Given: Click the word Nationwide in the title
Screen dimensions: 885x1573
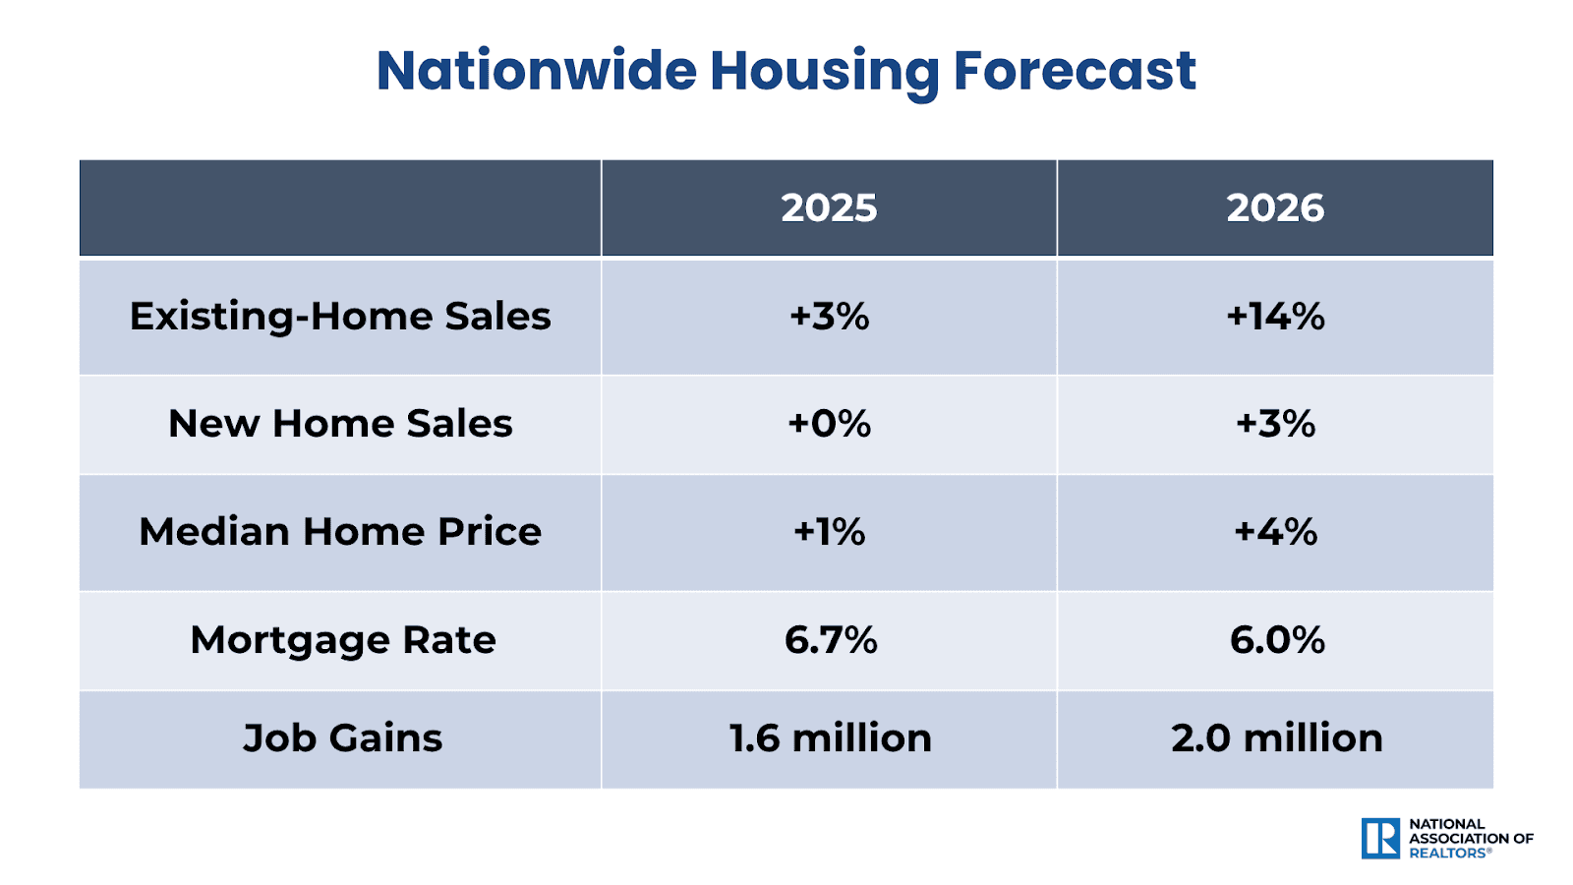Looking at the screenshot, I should click(536, 71).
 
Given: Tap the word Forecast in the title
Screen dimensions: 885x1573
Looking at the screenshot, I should click(1075, 71).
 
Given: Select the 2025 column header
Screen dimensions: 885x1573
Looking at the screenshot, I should click(829, 208).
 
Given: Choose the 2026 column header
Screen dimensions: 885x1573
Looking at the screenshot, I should click(1275, 208).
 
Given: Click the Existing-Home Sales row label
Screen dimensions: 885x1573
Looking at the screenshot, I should click(340, 317).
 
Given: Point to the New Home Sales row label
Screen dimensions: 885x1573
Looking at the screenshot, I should click(340, 424).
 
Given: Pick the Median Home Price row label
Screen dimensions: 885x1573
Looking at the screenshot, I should click(340, 532).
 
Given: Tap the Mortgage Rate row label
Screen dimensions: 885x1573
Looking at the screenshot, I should click(342, 640).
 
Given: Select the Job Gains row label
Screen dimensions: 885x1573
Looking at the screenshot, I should click(342, 738).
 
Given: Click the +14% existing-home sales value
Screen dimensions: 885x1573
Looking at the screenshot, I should click(1275, 317).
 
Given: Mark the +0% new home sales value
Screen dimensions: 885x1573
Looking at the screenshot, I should click(829, 424).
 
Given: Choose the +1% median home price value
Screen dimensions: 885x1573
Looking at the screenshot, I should click(829, 532).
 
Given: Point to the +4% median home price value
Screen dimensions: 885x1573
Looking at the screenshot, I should click(1275, 532).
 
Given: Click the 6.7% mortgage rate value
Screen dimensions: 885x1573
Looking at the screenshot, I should click(831, 640).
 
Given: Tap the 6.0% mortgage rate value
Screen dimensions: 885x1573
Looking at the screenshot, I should click(1277, 640).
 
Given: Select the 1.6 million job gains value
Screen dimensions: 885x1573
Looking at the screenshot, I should click(830, 738).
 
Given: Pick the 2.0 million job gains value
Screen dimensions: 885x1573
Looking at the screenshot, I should click(1276, 738).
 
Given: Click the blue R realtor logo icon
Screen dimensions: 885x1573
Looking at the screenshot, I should click(1380, 839).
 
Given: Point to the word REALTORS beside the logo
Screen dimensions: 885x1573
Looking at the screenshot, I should click(1449, 854).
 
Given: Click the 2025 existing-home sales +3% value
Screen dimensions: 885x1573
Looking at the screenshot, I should click(829, 317).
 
